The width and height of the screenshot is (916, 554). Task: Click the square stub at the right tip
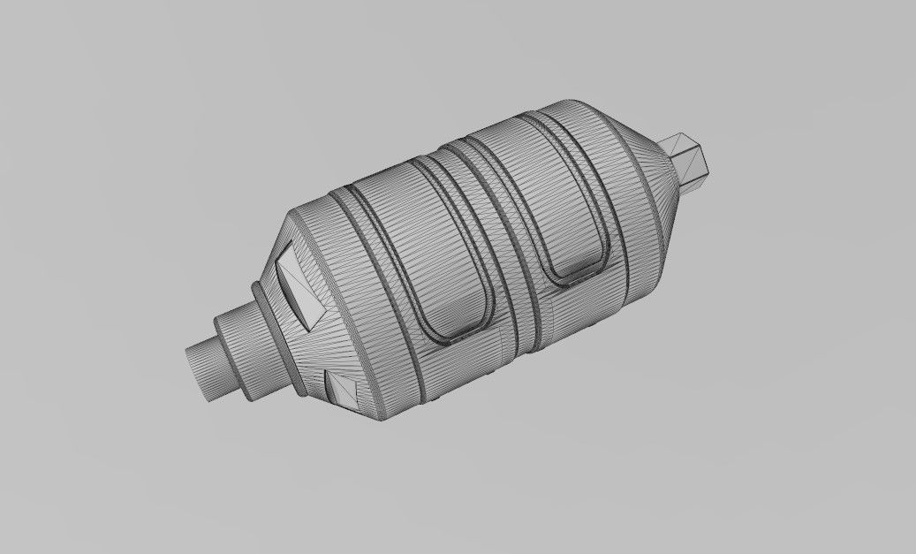pos(694,161)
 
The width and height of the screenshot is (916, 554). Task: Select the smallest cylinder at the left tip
pos(204,369)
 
